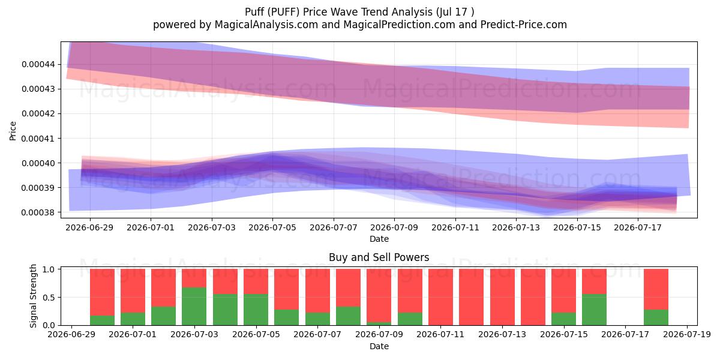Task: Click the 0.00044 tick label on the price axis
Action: pyautogui.click(x=38, y=64)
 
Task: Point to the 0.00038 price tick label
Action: pyautogui.click(x=38, y=212)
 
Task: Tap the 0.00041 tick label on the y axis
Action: pyautogui.click(x=38, y=139)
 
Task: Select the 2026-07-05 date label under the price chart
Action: pyautogui.click(x=272, y=227)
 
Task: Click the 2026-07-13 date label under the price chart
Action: pyautogui.click(x=516, y=227)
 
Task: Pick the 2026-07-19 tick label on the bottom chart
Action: pyautogui.click(x=687, y=334)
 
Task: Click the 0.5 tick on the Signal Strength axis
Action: pyautogui.click(x=49, y=298)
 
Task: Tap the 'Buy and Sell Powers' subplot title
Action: pyautogui.click(x=379, y=257)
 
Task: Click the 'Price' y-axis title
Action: pyautogui.click(x=13, y=131)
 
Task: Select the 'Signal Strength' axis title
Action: pyautogui.click(x=33, y=296)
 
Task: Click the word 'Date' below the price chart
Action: pyautogui.click(x=379, y=239)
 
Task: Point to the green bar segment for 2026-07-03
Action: pyautogui.click(x=194, y=307)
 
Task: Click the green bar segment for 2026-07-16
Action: pyautogui.click(x=595, y=310)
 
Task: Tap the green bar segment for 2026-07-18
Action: pyautogui.click(x=656, y=317)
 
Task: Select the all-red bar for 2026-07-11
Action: pyautogui.click(x=440, y=297)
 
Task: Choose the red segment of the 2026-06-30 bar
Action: pyautogui.click(x=102, y=292)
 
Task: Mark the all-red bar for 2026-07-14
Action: pyautogui.click(x=533, y=297)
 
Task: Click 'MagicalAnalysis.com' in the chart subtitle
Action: pyautogui.click(x=266, y=25)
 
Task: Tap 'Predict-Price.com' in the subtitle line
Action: pyautogui.click(x=524, y=25)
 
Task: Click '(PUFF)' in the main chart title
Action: pyautogui.click(x=283, y=12)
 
